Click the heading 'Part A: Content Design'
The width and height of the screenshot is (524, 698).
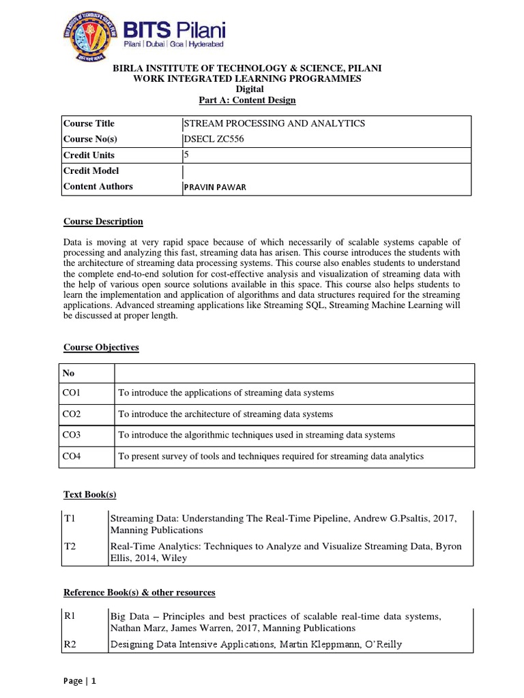tap(247, 100)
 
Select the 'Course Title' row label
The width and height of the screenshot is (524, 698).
tap(89, 123)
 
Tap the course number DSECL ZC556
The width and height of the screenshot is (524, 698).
tap(214, 139)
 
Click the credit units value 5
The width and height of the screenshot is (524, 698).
tap(186, 155)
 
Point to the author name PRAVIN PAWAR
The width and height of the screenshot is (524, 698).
tap(214, 187)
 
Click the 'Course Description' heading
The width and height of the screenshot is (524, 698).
tap(103, 222)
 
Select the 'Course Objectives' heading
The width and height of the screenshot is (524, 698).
tap(101, 348)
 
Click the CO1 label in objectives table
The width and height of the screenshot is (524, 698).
tap(72, 393)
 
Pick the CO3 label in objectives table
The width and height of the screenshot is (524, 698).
tap(72, 435)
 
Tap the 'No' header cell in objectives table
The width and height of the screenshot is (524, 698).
tap(68, 374)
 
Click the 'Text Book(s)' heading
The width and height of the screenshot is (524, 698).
tap(85, 495)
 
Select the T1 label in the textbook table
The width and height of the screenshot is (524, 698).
tap(68, 518)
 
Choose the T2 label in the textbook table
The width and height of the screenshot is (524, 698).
tap(68, 547)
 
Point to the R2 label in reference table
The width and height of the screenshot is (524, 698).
tap(69, 644)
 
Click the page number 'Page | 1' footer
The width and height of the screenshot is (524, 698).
tap(80, 681)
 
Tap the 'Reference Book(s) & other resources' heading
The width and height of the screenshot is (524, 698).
tap(139, 592)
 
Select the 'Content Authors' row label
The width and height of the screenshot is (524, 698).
tap(98, 187)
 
